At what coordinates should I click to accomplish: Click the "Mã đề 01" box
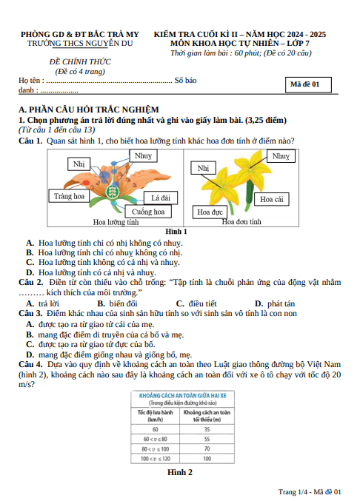pyautogui.click(x=308, y=84)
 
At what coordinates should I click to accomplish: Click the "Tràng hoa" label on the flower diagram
pyautogui.click(x=69, y=196)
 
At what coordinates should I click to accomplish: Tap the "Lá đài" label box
pyautogui.click(x=161, y=198)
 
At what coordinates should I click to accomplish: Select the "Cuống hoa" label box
pyautogui.click(x=148, y=212)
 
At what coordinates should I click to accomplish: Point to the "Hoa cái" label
pyautogui.click(x=271, y=199)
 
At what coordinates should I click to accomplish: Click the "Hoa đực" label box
pyautogui.click(x=210, y=212)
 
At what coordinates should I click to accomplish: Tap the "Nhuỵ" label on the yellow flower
pyautogui.click(x=281, y=156)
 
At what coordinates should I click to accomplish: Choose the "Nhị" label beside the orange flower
pyautogui.click(x=79, y=164)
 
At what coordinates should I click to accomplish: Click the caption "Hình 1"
pyautogui.click(x=176, y=232)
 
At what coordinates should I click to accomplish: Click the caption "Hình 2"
pyautogui.click(x=180, y=472)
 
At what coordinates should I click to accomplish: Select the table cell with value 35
pyautogui.click(x=207, y=429)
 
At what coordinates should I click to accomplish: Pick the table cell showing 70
pyautogui.click(x=207, y=448)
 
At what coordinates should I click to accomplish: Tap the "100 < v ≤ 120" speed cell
pyautogui.click(x=156, y=459)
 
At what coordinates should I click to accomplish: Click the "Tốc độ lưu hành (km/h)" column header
pyautogui.click(x=156, y=416)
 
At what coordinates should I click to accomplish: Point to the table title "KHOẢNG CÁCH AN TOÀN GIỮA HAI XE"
pyautogui.click(x=182, y=396)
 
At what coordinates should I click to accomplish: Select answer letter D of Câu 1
pyautogui.click(x=30, y=272)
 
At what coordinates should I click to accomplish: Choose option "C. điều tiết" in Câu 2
pyautogui.click(x=196, y=303)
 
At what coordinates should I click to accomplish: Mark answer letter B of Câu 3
pyautogui.click(x=30, y=334)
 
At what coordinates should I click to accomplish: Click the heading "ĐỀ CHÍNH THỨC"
pyautogui.click(x=80, y=61)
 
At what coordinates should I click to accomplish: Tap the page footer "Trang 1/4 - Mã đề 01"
pyautogui.click(x=310, y=491)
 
